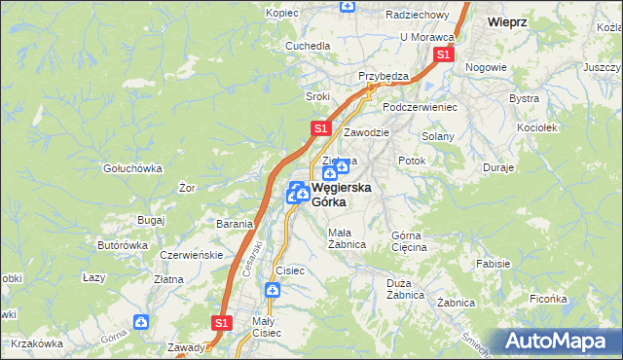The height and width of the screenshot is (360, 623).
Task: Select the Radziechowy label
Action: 416,16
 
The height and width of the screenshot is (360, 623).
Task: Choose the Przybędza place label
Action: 383,76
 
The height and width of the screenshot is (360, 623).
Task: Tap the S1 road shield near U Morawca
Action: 443,55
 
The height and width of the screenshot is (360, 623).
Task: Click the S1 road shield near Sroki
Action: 320,128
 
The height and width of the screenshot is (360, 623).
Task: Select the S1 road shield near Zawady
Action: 221,322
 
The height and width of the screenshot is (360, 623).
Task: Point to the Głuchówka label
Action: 133,167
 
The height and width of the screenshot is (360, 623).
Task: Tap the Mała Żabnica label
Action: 347,238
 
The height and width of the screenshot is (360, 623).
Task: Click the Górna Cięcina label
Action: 409,241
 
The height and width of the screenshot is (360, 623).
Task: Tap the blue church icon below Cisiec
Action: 274,290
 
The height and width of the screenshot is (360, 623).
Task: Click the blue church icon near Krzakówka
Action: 142,321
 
